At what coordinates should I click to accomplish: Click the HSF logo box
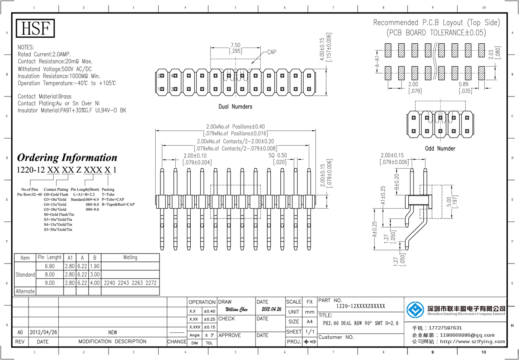pyautogui.click(x=36, y=29)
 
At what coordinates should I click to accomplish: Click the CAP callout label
pyautogui.click(x=271, y=52)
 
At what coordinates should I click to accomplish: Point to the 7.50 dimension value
pyautogui.click(x=235, y=45)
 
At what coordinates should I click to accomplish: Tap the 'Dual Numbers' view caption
pyautogui.click(x=235, y=106)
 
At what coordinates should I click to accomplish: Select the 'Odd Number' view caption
pyautogui.click(x=440, y=148)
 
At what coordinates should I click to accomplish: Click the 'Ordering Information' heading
pyautogui.click(x=67, y=157)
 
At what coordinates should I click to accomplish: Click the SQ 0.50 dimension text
pyautogui.click(x=278, y=155)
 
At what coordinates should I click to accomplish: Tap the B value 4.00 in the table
pyautogui.click(x=95, y=283)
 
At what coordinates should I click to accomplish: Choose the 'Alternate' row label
pyautogui.click(x=25, y=291)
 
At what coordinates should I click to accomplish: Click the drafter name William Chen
pyautogui.click(x=237, y=310)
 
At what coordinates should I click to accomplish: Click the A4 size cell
pyautogui.click(x=310, y=322)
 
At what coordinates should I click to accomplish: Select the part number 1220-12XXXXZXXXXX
pyautogui.click(x=361, y=306)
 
